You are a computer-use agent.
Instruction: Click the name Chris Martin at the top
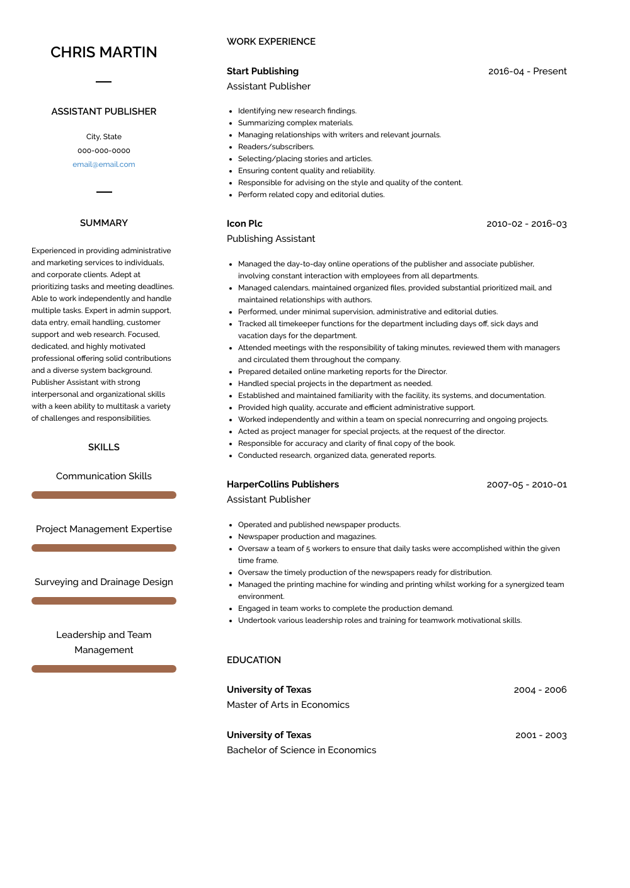coord(104,52)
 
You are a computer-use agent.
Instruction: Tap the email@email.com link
coord(104,164)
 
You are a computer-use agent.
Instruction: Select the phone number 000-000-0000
coord(104,151)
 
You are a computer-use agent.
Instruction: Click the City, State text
coord(104,137)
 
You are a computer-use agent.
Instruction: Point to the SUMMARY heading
coord(104,223)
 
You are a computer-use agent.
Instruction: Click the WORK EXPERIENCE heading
coord(271,42)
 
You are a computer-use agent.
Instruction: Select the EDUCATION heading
coord(254,660)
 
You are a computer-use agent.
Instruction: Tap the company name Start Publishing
coord(263,71)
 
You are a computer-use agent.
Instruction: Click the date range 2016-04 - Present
coord(527,71)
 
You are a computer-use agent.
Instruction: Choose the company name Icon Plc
coord(244,224)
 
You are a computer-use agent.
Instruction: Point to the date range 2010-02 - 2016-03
coord(527,224)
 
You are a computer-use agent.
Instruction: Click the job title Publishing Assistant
coord(271,239)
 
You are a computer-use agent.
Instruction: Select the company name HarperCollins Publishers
coord(283,484)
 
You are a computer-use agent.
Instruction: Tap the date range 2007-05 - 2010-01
coord(527,484)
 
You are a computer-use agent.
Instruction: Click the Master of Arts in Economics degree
coord(288,705)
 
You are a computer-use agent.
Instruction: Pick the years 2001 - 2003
coord(541,735)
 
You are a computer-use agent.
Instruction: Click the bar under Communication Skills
coord(104,495)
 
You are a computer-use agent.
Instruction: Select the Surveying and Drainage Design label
coord(104,582)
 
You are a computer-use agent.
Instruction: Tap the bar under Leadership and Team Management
coord(104,669)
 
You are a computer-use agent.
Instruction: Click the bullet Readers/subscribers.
coord(276,147)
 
